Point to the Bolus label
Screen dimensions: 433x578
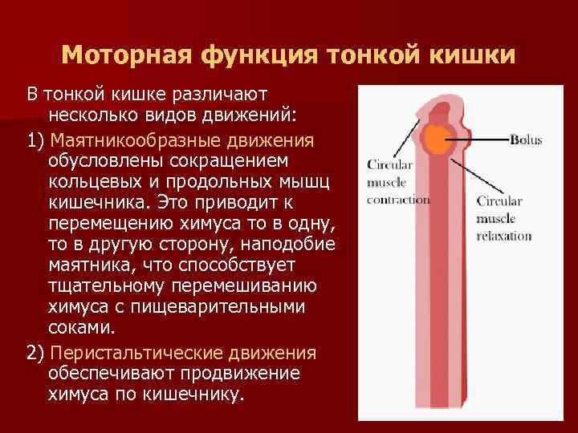pyautogui.click(x=526, y=140)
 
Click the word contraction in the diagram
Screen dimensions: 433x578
pyautogui.click(x=398, y=200)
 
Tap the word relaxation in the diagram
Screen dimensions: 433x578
pyautogui.click(x=503, y=236)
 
